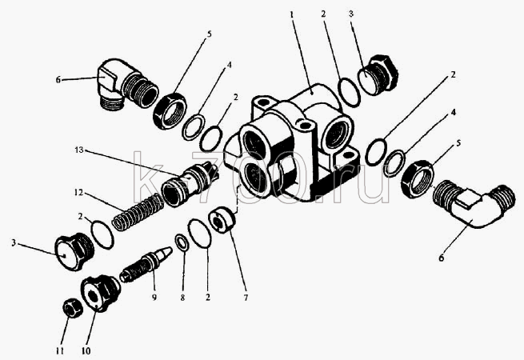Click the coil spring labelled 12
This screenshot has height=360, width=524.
pyautogui.click(x=138, y=213)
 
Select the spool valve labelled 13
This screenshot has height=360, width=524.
pyautogui.click(x=190, y=183)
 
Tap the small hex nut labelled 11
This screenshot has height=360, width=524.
pyautogui.click(x=73, y=308)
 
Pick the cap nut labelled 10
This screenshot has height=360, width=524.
pyautogui.click(x=101, y=292)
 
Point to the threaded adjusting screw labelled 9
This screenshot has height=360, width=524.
pyautogui.click(x=146, y=265)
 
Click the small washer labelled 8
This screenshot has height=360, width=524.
pyautogui.click(x=182, y=242)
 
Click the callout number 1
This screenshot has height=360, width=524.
pyautogui.click(x=292, y=14)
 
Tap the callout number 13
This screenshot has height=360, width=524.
pyautogui.click(x=79, y=150)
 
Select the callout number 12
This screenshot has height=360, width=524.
pyautogui.click(x=78, y=193)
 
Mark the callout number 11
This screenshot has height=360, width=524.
pyautogui.click(x=59, y=351)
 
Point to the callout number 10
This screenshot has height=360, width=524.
pyautogui.click(x=86, y=351)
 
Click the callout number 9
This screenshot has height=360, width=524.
pyautogui.click(x=154, y=297)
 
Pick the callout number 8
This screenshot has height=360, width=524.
pyautogui.click(x=182, y=298)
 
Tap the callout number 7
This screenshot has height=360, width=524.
pyautogui.click(x=246, y=297)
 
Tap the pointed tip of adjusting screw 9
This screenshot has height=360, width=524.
pyautogui.click(x=170, y=249)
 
